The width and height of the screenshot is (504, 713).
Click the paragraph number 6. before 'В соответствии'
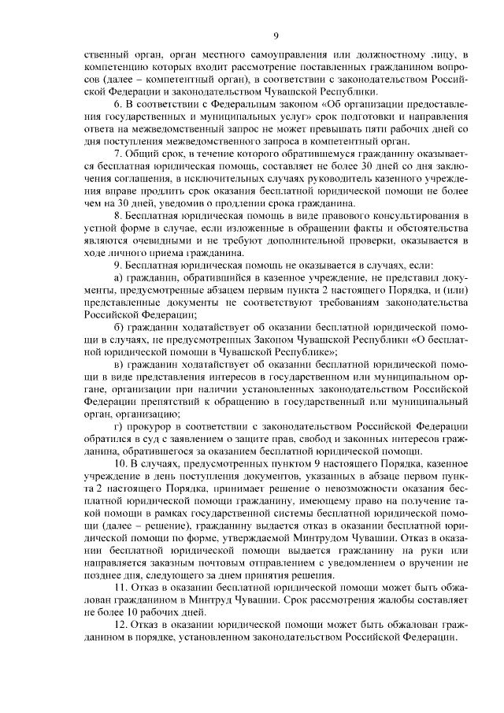tap(118, 104)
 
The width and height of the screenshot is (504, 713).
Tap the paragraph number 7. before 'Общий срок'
tap(118, 154)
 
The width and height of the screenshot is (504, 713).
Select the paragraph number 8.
tap(118, 215)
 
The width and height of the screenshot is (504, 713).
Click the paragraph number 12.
tap(121, 624)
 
